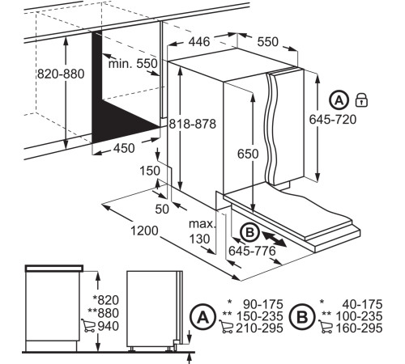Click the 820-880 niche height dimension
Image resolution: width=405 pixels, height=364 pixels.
[x=61, y=74]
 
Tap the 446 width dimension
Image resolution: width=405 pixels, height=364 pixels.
[x=199, y=42]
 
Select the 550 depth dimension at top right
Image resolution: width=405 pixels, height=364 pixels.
[x=267, y=42]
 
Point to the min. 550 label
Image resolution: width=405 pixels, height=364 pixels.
[x=133, y=64]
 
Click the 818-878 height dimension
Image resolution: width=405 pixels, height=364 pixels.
[x=193, y=124]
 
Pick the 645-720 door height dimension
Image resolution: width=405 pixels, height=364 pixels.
[x=333, y=120]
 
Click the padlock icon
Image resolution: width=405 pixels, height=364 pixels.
[x=361, y=99]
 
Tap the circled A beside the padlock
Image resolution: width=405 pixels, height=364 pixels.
[x=339, y=100]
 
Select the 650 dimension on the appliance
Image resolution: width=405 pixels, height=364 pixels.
[x=248, y=154]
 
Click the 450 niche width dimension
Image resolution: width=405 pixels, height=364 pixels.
[x=124, y=148]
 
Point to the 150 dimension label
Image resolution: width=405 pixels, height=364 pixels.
[x=150, y=171]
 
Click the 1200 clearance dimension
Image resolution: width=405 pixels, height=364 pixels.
[x=144, y=231]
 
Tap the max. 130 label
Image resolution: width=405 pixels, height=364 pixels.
[x=202, y=231]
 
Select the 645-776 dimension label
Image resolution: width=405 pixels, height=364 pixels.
[x=252, y=251]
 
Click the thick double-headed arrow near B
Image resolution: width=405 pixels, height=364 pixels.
[x=274, y=238]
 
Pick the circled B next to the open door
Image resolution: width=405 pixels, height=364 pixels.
[x=250, y=232]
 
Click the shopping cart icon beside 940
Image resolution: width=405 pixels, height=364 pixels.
[x=88, y=325]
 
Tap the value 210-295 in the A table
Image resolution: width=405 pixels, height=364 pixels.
[x=259, y=328]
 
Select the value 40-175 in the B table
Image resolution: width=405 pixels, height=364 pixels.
[x=362, y=304]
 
